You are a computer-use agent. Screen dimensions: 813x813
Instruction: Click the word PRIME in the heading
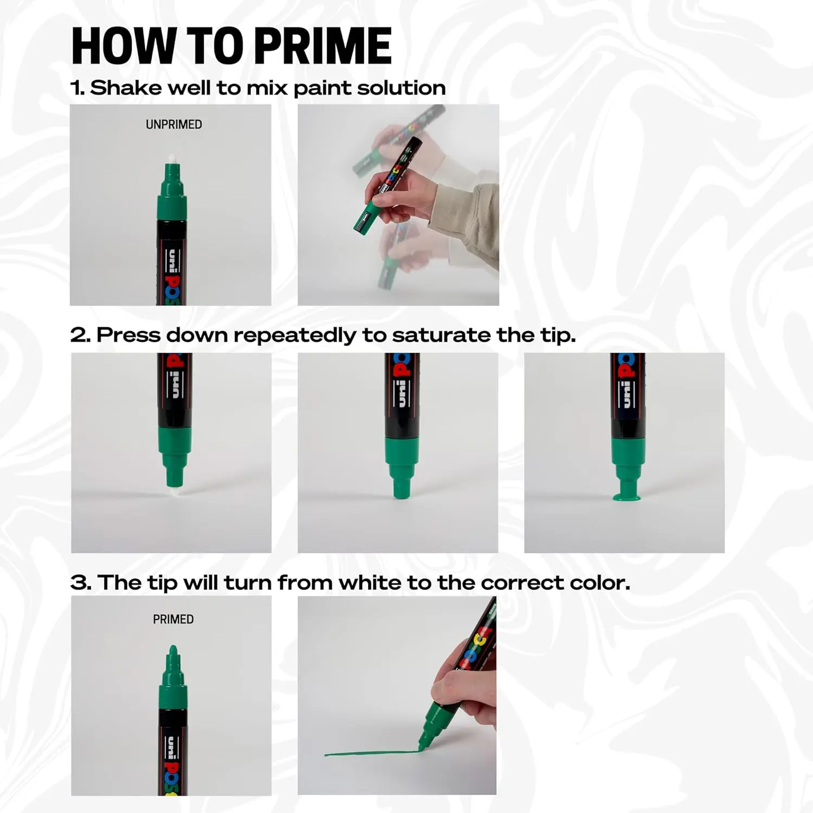click(322, 46)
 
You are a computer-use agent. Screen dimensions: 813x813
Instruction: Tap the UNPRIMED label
click(173, 125)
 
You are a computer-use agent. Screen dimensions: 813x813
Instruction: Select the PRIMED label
click(173, 619)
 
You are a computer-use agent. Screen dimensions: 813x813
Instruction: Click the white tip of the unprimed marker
click(172, 158)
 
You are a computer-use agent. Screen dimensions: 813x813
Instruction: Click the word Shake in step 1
click(125, 88)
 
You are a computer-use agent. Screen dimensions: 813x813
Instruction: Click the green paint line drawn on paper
click(369, 753)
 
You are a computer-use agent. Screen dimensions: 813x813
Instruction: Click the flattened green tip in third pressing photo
click(627, 496)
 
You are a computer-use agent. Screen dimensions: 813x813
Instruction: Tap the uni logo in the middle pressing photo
click(402, 392)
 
